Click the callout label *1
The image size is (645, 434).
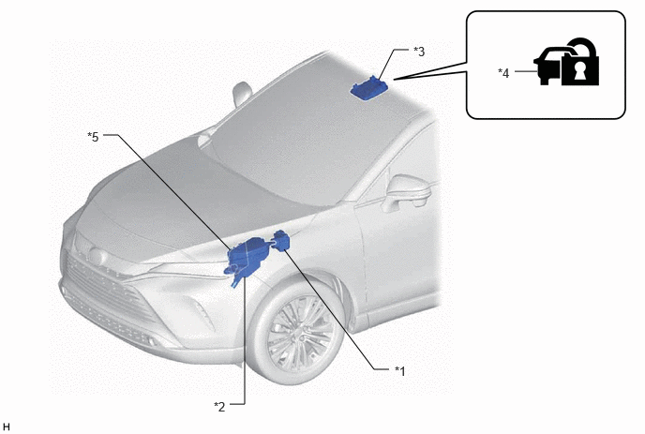pos(399,371)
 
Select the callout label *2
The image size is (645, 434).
pos(219,407)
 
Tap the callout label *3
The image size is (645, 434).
pos(419,52)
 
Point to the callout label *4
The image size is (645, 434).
pos(503,73)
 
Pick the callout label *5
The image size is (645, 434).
pos(93,137)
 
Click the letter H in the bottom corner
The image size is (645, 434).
pos(7,427)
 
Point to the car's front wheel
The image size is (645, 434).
pos(297,330)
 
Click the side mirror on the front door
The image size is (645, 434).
pos(406,191)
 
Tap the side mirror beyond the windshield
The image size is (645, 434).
pos(242,94)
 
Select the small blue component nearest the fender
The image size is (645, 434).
pos(281,240)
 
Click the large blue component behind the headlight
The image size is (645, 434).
pos(247,257)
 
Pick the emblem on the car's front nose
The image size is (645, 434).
pos(97,256)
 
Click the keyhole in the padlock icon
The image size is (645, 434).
pos(580,70)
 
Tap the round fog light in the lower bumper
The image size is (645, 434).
pos(151,341)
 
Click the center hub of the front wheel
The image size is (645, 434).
pos(299,333)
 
